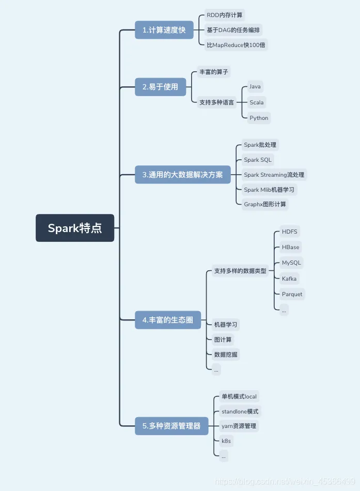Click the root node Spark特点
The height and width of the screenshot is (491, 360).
(75, 228)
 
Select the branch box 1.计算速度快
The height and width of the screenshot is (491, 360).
(164, 30)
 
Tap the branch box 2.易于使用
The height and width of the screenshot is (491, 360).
(160, 87)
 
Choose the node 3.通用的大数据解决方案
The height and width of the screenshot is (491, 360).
(183, 175)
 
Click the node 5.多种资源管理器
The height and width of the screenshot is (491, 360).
(171, 426)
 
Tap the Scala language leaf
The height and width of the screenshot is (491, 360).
(257, 102)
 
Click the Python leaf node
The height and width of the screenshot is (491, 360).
(259, 118)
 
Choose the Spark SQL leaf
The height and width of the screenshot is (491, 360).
(258, 160)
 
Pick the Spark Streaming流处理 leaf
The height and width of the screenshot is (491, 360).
(274, 175)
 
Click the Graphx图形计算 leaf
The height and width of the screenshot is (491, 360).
(265, 204)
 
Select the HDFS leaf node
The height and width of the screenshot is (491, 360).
(290, 231)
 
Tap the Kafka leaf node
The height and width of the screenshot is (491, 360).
(289, 279)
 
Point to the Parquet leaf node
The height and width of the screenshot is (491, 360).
(292, 294)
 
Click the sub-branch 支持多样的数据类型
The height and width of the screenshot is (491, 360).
(240, 271)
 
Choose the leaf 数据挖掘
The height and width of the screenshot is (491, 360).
(226, 355)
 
